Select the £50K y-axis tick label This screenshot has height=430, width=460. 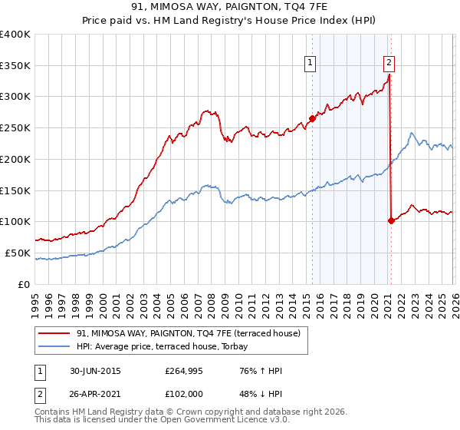(18, 253)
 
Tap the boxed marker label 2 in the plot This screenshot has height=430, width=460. (389, 64)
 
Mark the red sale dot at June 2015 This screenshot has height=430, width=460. (312, 118)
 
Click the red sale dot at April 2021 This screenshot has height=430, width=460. (391, 220)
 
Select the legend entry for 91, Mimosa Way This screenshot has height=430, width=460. (192, 333)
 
